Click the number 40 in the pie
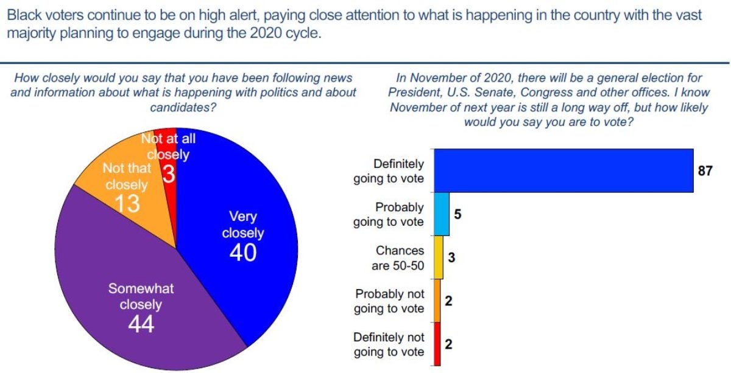(243, 253)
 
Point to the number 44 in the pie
(141, 325)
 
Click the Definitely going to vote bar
(563, 170)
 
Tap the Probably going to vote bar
(442, 214)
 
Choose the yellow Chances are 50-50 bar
(438, 257)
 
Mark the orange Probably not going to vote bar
(437, 301)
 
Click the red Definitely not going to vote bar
(437, 344)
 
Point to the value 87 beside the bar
(705, 171)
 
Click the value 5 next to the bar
(457, 214)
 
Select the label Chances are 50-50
(398, 258)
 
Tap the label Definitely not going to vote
(389, 344)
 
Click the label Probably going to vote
(389, 215)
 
